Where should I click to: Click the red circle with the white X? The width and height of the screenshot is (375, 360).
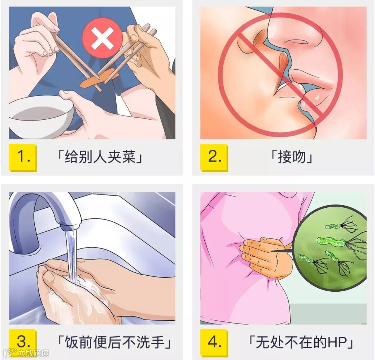click(x=102, y=38)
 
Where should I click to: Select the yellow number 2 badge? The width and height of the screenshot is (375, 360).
click(x=214, y=157)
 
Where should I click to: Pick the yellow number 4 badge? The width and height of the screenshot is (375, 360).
click(x=214, y=342)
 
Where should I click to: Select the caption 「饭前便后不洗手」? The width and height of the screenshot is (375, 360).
click(x=114, y=342)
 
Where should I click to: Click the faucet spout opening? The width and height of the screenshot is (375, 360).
click(x=69, y=226)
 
